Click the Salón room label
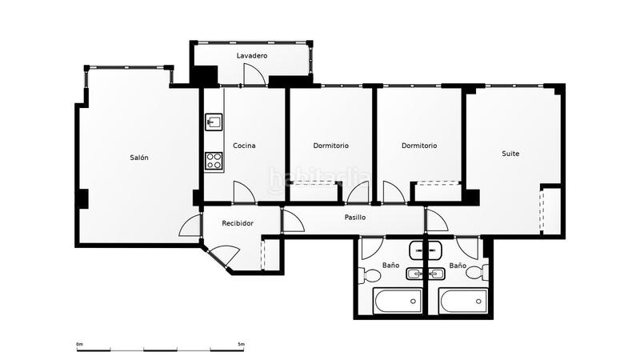point(139,158)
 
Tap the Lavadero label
point(252,55)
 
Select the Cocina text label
point(244,146)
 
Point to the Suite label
point(510,154)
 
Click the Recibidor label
point(238,223)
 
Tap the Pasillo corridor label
point(355,218)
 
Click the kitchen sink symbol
point(214,122)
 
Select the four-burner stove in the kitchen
point(214,161)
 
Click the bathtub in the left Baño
point(398,302)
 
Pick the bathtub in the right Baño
point(463,302)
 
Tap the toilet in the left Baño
point(369,274)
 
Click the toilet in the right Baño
point(477,272)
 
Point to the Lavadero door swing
point(254,74)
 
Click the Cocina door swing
point(244,192)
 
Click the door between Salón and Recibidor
point(190,226)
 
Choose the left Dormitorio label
point(331,146)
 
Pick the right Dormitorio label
point(419,146)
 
